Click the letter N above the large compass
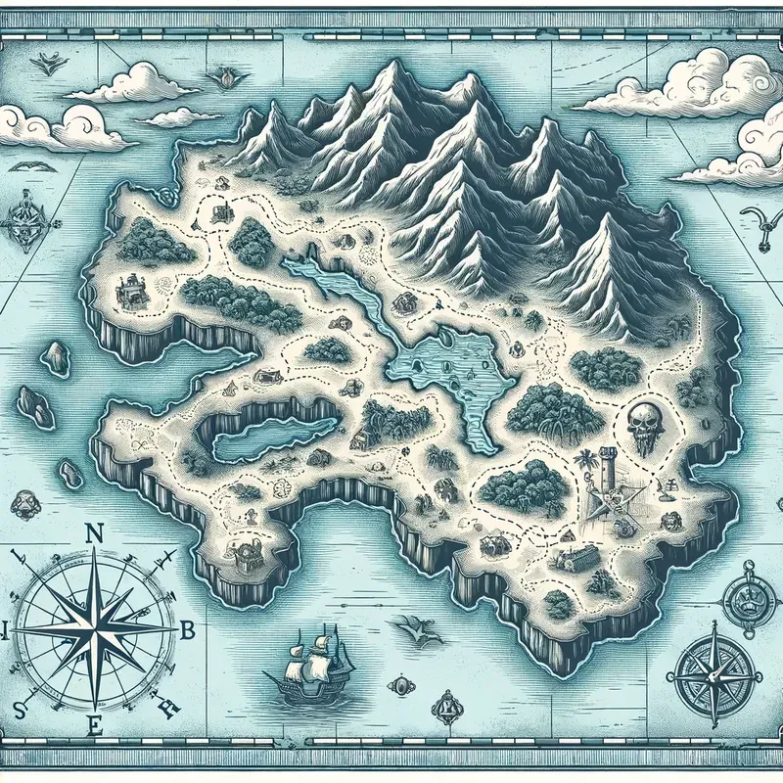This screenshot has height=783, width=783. tap(95, 533)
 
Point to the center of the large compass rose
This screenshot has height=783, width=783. tap(96, 624)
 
